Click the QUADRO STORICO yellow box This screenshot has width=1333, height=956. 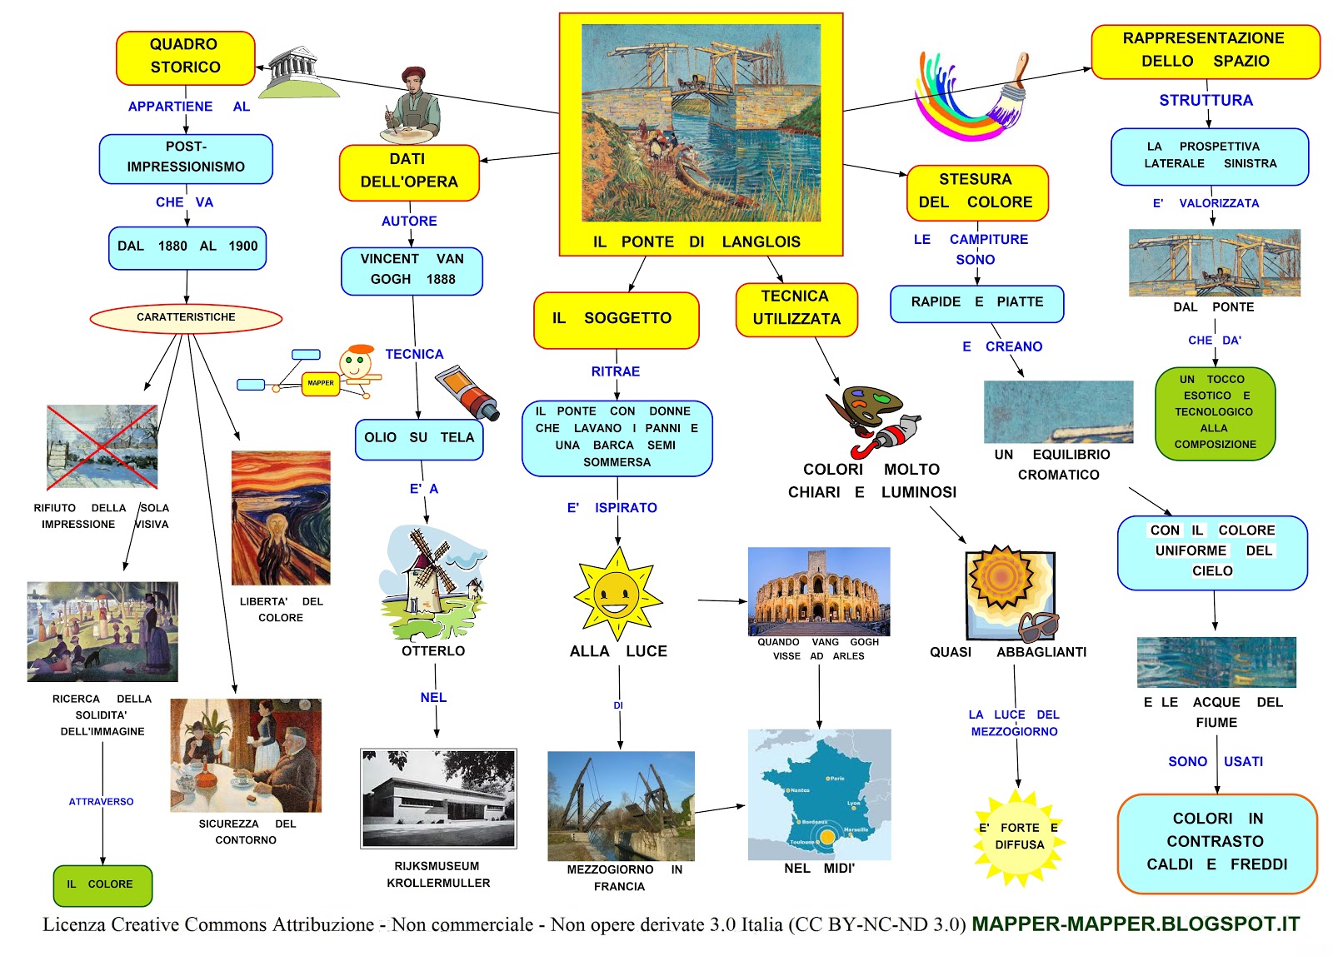pos(185,57)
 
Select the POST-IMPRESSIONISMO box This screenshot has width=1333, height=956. pos(186,158)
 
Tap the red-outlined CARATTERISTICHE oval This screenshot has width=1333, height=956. pos(186,317)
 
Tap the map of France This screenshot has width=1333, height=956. pos(819,795)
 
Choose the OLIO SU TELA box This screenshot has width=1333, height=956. pos(418,439)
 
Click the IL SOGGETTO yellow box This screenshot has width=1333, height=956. pos(615,319)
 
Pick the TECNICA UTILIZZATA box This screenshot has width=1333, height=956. pos(796,309)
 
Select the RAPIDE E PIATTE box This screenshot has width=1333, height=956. pos(976,303)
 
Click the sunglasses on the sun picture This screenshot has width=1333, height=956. pos(1038,625)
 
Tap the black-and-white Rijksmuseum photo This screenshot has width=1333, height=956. pos(438,799)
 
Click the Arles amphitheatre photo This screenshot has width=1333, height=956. pos(818,590)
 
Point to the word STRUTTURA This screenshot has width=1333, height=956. pos(1206,101)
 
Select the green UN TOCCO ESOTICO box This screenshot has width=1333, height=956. pos(1215,413)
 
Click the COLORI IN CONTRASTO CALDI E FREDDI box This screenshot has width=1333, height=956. pos(1216,842)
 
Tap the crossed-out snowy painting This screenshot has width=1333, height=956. pos(102,447)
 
